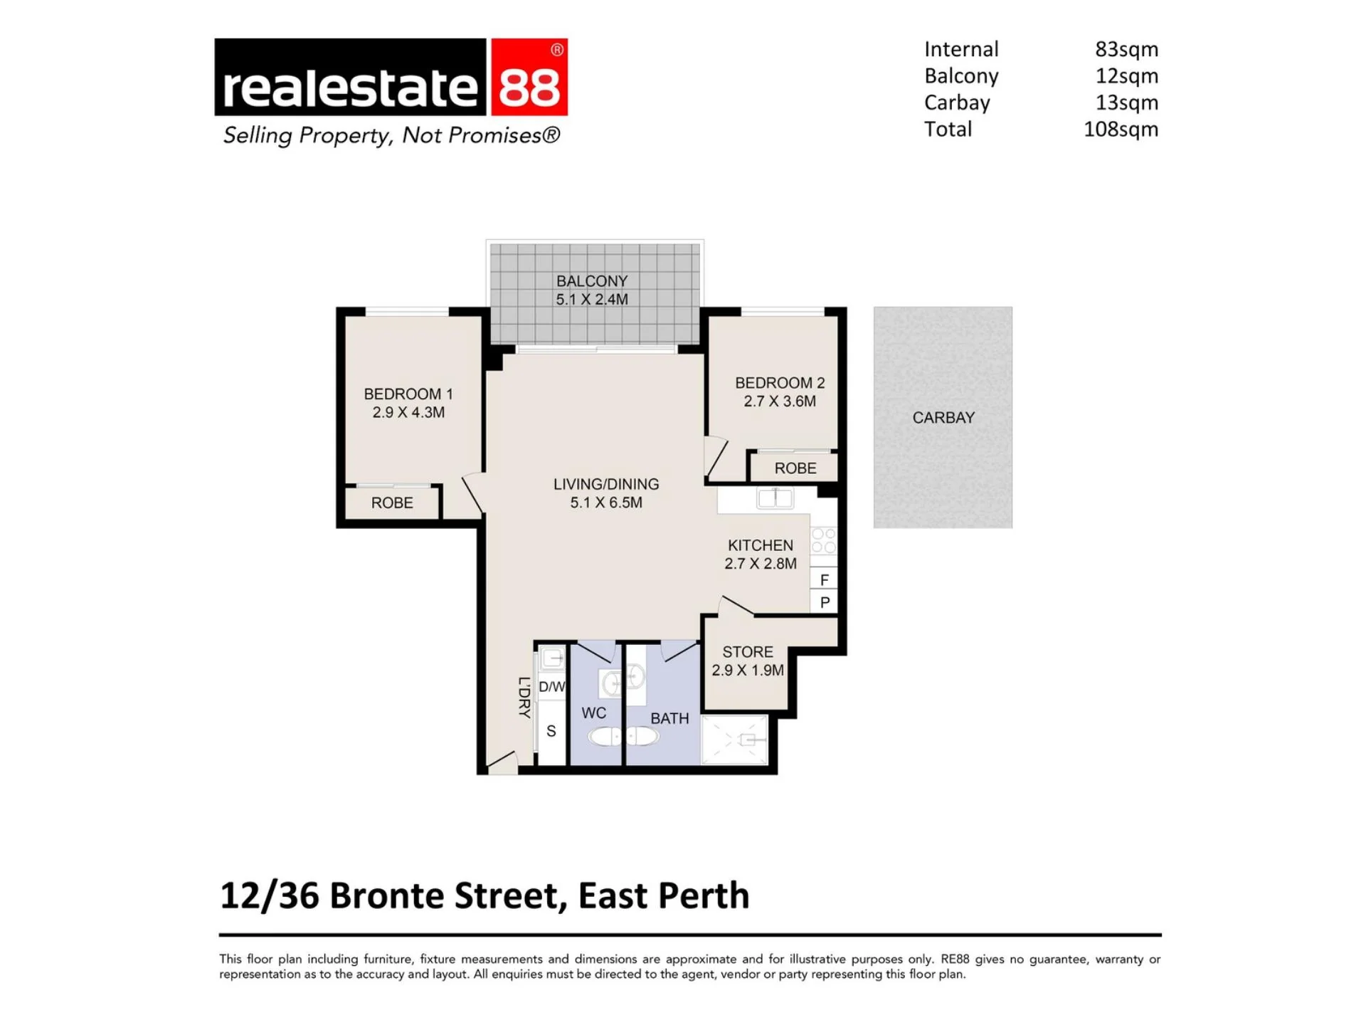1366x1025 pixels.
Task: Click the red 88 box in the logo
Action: [529, 77]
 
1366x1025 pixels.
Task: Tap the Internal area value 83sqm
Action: [1126, 49]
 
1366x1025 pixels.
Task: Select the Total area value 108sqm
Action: [1121, 129]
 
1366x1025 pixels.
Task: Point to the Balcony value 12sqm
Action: [1126, 75]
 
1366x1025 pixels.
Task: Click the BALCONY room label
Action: [592, 281]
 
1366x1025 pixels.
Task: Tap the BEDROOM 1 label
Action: [408, 394]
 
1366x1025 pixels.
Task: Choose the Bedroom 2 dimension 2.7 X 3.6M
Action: [780, 401]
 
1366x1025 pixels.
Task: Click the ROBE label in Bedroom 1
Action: [392, 503]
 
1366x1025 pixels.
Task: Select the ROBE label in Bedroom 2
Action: [795, 468]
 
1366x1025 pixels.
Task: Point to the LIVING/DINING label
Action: [606, 484]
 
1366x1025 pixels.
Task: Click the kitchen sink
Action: [775, 498]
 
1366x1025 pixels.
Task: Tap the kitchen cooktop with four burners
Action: [824, 540]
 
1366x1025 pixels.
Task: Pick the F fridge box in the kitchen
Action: [824, 579]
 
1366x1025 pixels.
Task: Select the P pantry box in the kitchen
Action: [824, 602]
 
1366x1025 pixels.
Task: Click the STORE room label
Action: [748, 652]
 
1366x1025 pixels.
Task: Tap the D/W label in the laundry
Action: [551, 687]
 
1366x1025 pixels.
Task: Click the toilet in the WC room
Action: [605, 736]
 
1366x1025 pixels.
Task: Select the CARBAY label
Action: [943, 418]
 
